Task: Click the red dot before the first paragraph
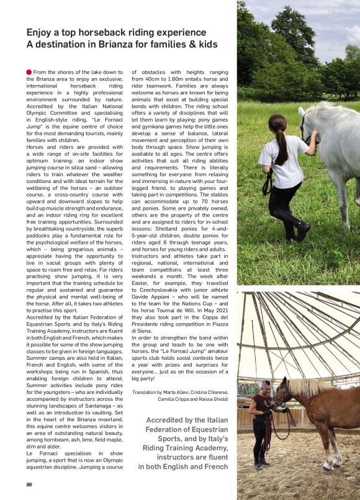tap(29, 73)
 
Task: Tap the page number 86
tap(29, 484)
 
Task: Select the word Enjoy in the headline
tap(38, 32)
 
